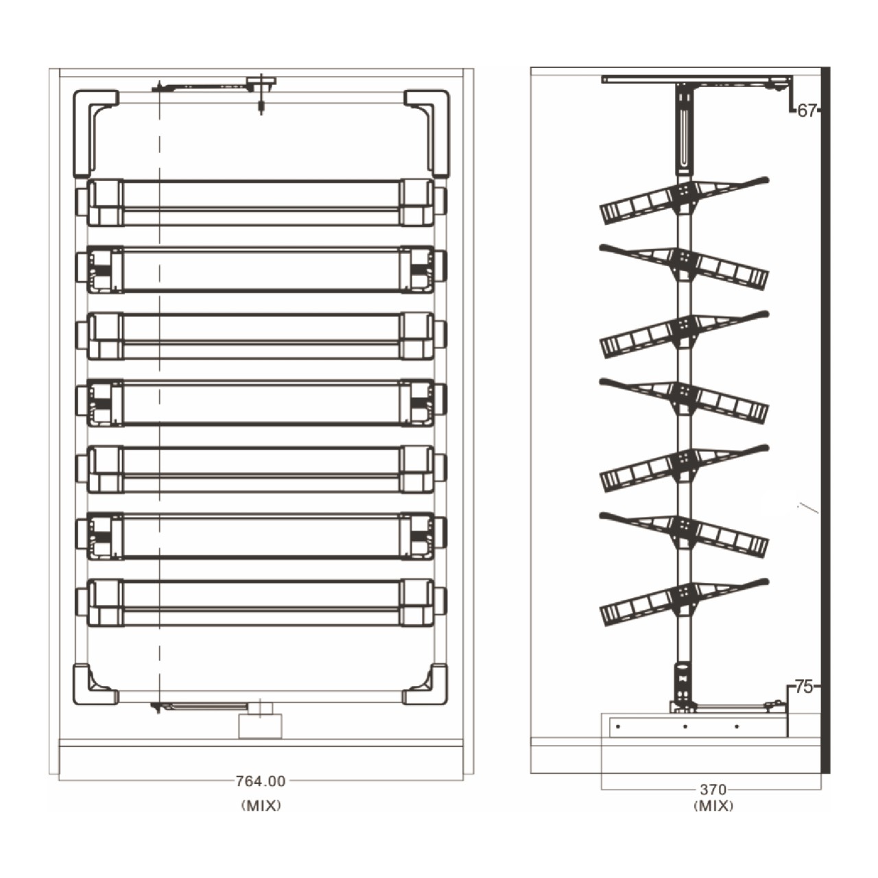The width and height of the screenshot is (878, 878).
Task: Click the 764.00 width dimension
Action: pos(260,781)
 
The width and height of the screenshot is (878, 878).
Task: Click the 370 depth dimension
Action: pos(713,789)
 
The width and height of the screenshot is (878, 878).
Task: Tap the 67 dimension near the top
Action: pos(807,110)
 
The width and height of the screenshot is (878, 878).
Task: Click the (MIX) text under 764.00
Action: pos(261,805)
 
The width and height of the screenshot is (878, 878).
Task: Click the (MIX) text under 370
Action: pos(713,806)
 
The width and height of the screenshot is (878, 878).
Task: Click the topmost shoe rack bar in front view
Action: pos(261,202)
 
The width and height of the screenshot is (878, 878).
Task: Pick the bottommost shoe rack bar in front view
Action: pos(261,602)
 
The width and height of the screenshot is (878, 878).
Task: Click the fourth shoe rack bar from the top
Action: pos(261,403)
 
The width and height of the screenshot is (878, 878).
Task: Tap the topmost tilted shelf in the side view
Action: pos(683,200)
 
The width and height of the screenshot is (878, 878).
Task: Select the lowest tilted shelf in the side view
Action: pos(683,602)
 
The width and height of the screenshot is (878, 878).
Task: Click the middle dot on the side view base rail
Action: pos(685,726)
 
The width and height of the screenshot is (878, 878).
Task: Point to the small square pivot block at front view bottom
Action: pos(261,726)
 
